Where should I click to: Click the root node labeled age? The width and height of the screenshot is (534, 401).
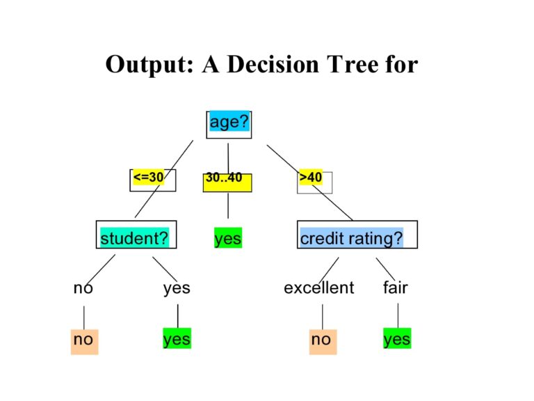pos(229,123)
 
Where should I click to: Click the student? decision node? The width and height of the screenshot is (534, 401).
pos(135,238)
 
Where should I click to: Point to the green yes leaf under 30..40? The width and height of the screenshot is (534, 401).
pos(228,238)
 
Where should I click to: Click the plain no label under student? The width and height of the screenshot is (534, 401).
pos(83,288)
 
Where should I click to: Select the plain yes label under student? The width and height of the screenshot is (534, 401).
pos(177,288)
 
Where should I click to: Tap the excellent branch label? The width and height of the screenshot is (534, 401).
pos(318,288)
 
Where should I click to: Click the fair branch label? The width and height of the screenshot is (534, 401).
pos(396,288)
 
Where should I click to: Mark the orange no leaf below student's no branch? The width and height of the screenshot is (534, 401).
pos(84,340)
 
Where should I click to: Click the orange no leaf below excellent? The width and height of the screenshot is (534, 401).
pos(322,340)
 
